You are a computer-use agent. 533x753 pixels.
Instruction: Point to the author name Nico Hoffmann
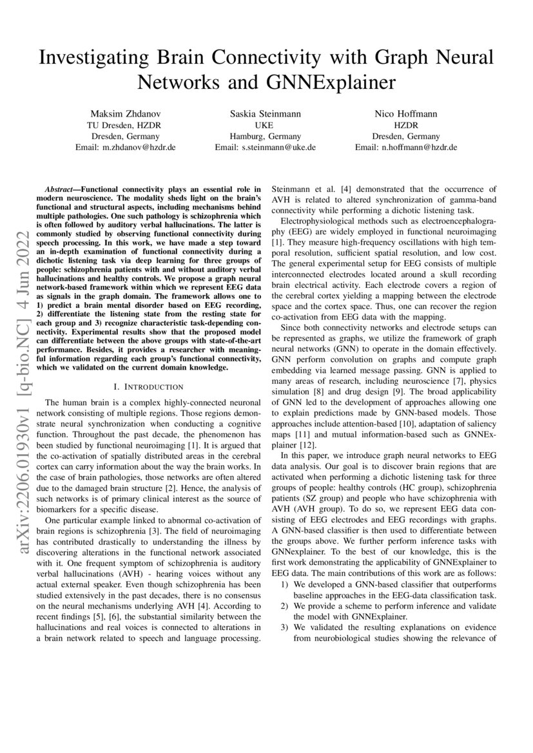(406, 113)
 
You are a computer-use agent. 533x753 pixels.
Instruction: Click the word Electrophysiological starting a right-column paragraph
(318, 222)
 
